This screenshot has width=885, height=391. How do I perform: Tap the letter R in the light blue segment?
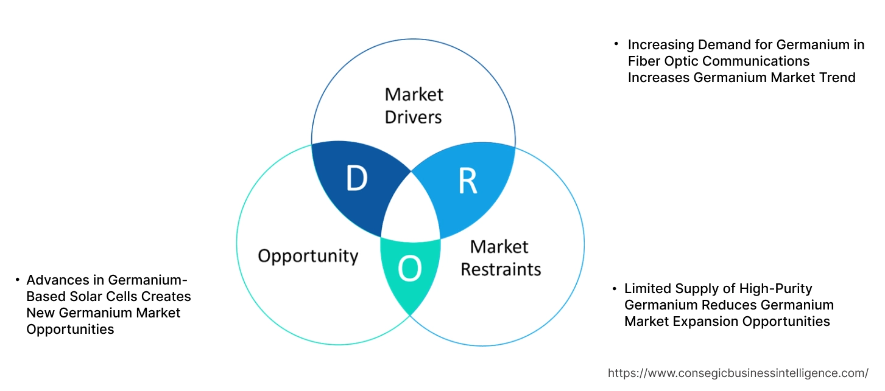(x=467, y=181)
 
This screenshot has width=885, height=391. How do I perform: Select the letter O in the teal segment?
(x=410, y=269)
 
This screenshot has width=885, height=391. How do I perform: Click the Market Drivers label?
(x=414, y=105)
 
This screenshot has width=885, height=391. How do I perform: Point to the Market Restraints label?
(x=500, y=257)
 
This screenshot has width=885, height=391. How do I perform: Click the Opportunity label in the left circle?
(x=308, y=255)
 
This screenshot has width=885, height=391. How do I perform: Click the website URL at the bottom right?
(x=738, y=373)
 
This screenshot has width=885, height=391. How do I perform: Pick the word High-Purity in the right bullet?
(x=776, y=288)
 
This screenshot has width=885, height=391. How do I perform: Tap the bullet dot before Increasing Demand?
(x=616, y=44)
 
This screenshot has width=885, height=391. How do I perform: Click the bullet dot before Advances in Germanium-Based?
(x=17, y=279)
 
